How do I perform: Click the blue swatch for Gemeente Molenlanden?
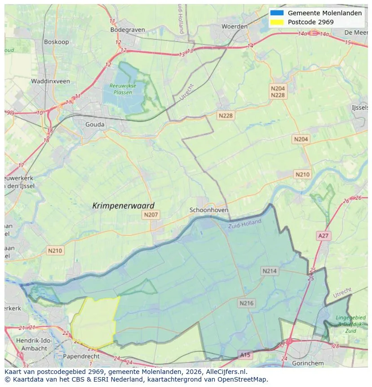277,13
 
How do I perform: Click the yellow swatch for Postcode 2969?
277,22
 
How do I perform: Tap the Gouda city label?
95,125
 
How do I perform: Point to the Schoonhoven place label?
209,210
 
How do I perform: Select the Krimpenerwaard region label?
123,205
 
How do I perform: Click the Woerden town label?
234,27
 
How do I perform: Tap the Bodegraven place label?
128,30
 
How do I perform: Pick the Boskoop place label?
56,42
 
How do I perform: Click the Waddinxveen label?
50,81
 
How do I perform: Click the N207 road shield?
151,215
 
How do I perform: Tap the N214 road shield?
270,271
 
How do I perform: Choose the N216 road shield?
246,303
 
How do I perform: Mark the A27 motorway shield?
323,236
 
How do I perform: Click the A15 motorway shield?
245,355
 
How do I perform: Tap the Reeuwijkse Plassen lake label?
123,89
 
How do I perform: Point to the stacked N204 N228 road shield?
278,92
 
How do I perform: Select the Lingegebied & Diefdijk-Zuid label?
351,324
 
